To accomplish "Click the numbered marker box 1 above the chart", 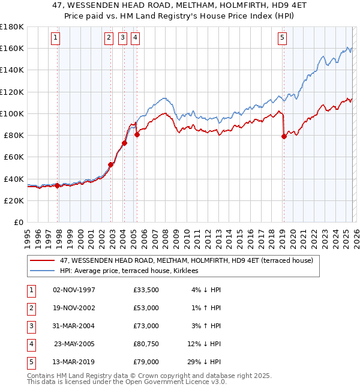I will (55, 38).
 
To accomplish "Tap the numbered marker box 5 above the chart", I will (282, 38).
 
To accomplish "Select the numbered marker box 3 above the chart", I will (122, 38).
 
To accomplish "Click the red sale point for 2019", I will (284, 136).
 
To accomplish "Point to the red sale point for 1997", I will (58, 185).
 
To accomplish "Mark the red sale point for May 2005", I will (137, 134).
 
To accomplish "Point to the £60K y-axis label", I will (14, 157).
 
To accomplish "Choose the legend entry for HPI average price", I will (133, 271).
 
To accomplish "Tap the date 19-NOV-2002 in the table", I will (74, 308).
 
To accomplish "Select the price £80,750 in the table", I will (146, 345).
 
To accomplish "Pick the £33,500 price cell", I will (146, 290).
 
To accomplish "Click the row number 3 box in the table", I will (30, 326).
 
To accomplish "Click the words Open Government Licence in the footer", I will (156, 382).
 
